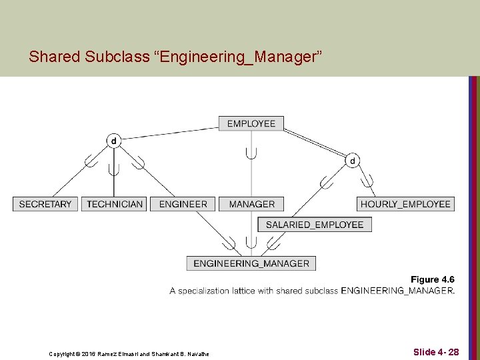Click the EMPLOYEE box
pos(251,123)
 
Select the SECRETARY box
pos(45,204)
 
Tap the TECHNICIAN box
pos(115,204)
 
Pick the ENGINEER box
pos(183,204)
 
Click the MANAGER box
pos(252,204)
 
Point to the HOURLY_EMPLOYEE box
pos(405,204)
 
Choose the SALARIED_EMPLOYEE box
pos(315,225)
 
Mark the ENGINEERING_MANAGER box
pos(251,263)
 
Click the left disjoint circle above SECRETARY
pos(113,141)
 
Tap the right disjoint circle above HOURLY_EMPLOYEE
pos(352,161)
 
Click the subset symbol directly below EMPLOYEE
pos(251,154)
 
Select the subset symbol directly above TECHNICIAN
pos(113,170)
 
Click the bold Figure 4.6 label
pos(433,280)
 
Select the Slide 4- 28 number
pos(435,351)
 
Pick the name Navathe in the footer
pos(197,353)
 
